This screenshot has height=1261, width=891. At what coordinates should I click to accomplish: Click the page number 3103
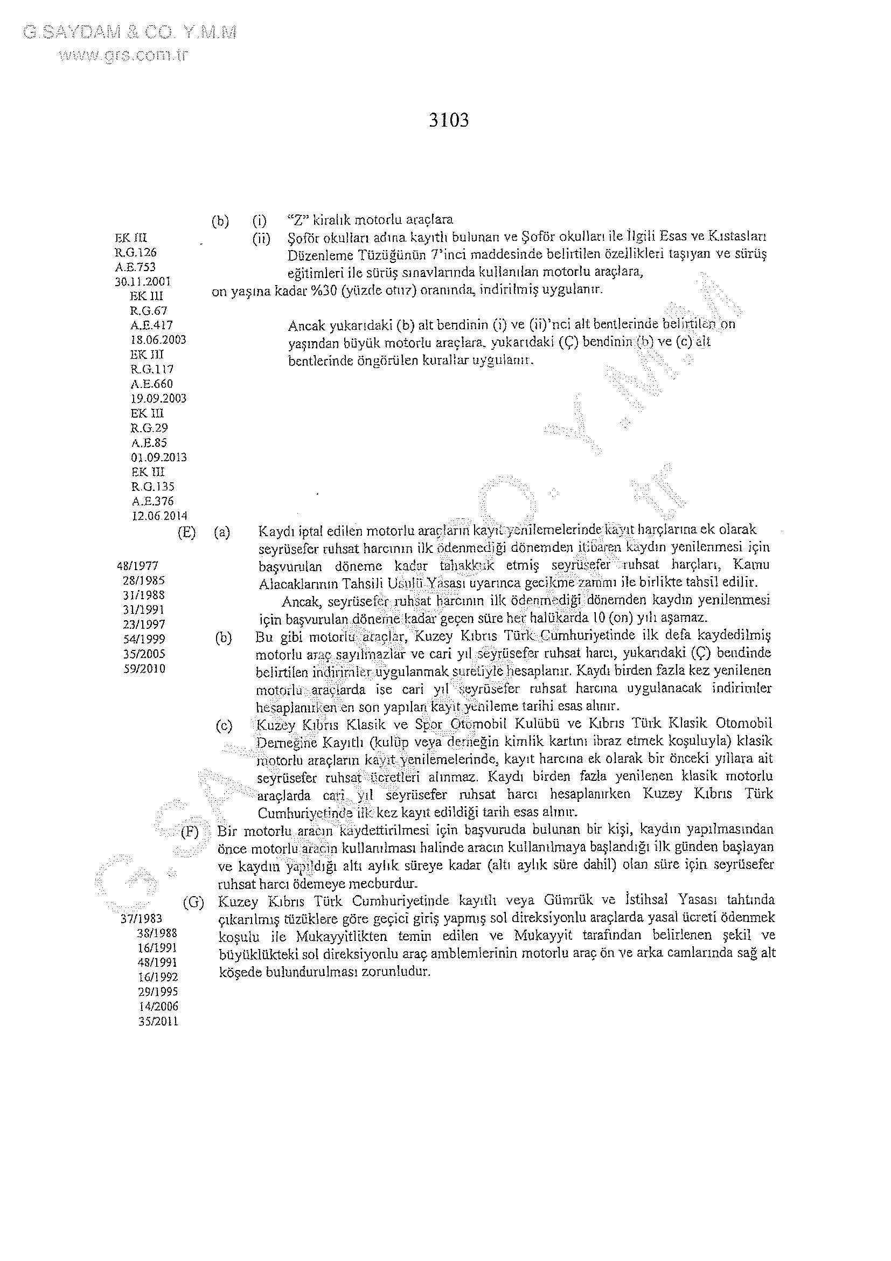coord(449,120)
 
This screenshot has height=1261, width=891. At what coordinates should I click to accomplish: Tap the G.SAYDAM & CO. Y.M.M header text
coord(130,33)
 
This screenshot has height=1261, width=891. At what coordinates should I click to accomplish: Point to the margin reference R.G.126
coord(136,253)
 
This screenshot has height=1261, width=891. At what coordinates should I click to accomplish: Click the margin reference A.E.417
coord(151,325)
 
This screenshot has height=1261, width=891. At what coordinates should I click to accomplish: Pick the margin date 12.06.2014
coord(159,516)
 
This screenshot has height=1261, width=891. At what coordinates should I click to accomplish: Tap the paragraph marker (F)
coord(190,830)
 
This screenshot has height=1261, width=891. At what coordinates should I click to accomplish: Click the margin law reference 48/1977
coord(138,565)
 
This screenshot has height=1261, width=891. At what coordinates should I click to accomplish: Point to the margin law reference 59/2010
coord(144,668)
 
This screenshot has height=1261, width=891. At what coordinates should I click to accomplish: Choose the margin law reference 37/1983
coord(141,918)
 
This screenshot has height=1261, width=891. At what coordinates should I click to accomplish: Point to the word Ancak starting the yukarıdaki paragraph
coord(305,325)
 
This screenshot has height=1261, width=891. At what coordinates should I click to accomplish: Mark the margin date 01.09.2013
coord(159,457)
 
